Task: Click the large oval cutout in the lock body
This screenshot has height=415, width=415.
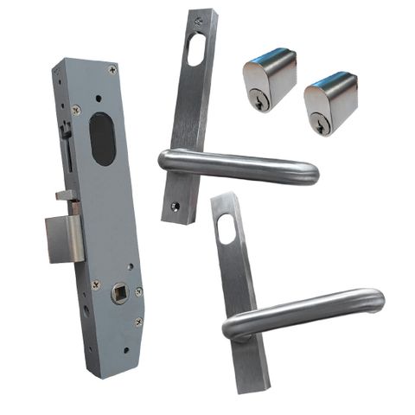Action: (103, 139)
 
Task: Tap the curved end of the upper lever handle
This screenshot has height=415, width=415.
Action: (310, 171)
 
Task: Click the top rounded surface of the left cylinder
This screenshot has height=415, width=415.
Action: (270, 59)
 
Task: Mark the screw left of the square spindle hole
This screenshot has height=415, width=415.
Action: (95, 284)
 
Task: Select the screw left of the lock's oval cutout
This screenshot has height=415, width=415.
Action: (76, 110)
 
